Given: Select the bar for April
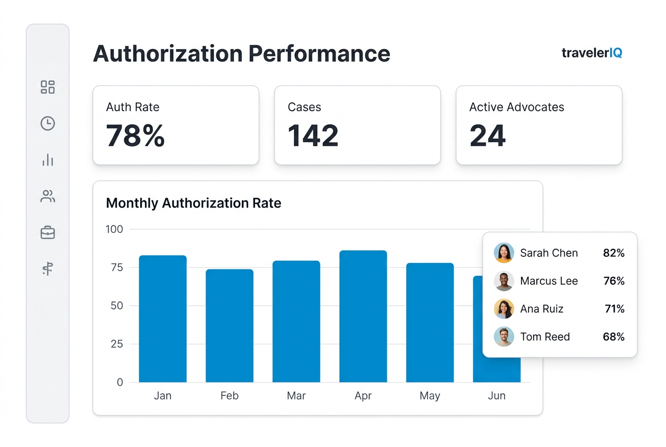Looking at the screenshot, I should [363, 316].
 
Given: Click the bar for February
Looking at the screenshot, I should [229, 326].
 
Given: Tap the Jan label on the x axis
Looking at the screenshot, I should [162, 396].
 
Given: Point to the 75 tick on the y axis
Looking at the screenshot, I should [116, 267].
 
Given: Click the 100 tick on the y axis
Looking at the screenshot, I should [114, 229].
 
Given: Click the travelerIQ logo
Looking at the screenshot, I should [592, 53].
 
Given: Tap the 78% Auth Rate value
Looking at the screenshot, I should [135, 135].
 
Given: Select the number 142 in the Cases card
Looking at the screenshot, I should [313, 135].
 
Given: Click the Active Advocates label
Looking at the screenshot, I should [516, 107].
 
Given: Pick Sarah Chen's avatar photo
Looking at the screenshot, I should [504, 253].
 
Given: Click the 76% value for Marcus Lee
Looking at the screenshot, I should [614, 281].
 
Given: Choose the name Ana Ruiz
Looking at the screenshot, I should [542, 309].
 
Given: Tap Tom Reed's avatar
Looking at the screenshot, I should [504, 337].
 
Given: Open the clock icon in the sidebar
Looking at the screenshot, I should [48, 123].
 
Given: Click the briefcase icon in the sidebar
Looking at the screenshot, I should [48, 232].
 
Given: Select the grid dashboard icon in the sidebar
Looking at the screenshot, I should [48, 87].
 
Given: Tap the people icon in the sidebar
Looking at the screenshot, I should [48, 197].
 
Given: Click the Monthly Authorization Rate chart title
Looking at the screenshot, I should [193, 203].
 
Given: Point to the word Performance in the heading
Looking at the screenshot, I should [319, 54].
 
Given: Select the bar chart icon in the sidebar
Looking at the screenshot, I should [48, 160].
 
